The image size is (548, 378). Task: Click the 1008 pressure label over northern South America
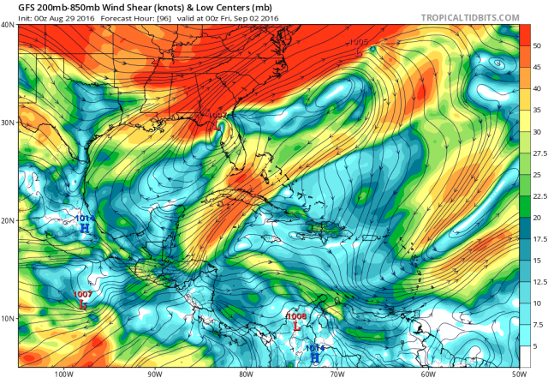tap(295, 316)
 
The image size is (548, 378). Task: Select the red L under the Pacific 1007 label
tap(83, 304)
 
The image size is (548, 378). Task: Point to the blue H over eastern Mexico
tap(84, 228)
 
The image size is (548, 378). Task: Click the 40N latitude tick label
tap(8, 25)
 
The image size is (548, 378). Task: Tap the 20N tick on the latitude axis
tap(8, 220)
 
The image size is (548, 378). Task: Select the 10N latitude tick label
tap(8, 319)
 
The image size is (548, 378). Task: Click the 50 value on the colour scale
tap(538, 45)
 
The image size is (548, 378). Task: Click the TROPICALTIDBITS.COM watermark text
tap(471, 17)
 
